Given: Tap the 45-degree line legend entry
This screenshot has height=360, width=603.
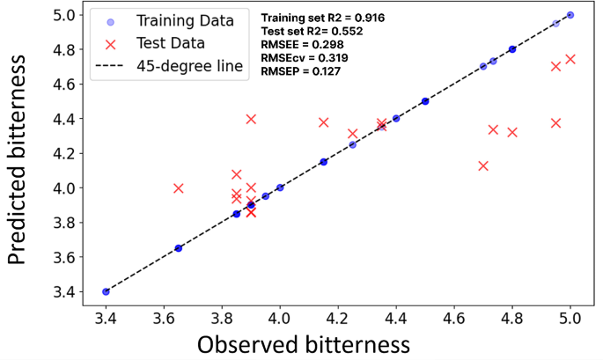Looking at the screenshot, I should coord(190,67).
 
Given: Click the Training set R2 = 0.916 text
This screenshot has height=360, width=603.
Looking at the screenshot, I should coord(323,18).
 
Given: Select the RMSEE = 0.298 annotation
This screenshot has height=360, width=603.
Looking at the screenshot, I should coord(300,44).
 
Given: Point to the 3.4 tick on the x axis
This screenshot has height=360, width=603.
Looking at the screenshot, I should coord(106,315).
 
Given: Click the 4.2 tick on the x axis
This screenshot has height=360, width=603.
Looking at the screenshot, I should coord(338,315).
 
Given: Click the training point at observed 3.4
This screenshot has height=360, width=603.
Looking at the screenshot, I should coord(106,291).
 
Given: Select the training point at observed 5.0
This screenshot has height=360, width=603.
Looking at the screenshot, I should coord(570,15).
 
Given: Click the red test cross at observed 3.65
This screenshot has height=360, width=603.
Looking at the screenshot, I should coord(179,187).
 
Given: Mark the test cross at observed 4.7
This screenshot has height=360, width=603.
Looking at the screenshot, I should coord(483,165).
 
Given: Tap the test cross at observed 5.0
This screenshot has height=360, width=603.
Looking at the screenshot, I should coord(570,59).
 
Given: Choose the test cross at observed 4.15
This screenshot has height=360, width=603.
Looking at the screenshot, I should coord(323,122).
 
